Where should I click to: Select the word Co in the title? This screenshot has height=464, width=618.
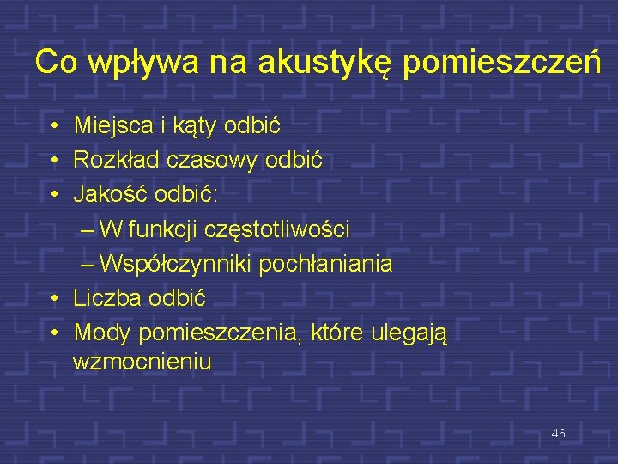[x=53, y=62]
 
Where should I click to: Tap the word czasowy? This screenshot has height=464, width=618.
[x=210, y=160]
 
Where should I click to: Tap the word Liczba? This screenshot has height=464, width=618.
[x=107, y=297]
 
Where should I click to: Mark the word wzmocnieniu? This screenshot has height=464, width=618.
[x=142, y=362]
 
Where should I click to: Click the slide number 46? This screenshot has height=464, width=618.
[x=558, y=434]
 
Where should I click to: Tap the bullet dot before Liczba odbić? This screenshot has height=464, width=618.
[x=53, y=298]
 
